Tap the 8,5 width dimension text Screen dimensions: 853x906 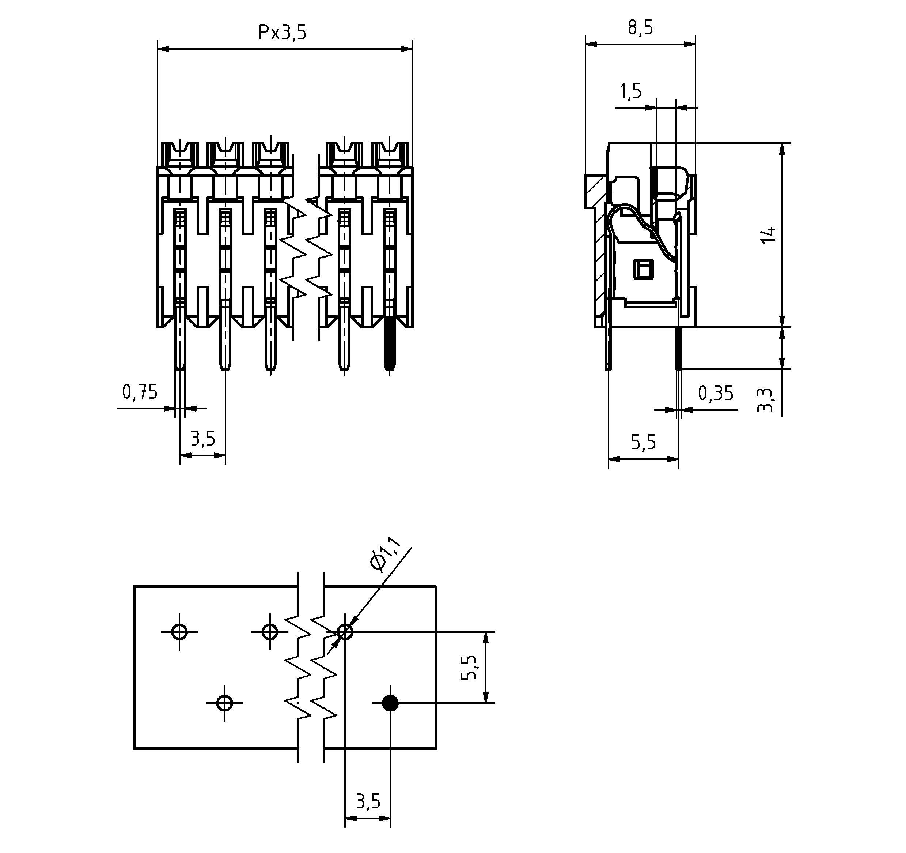pos(640,27)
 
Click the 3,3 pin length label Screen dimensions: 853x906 pos(764,400)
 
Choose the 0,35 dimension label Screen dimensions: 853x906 pos(716,393)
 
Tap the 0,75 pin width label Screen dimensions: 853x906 pos(140,392)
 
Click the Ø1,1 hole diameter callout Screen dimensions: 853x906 pos(385,554)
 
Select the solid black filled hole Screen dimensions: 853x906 pos(390,703)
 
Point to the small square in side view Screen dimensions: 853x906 pos(643,269)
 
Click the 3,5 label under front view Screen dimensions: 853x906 pos(202,439)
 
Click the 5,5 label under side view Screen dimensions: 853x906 pos(643,442)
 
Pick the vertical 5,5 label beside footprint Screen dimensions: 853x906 pos(469,667)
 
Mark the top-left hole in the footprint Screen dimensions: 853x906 pos(179,632)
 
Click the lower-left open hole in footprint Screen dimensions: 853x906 pos(224,703)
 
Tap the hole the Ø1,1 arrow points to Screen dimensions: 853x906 pos(345,632)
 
